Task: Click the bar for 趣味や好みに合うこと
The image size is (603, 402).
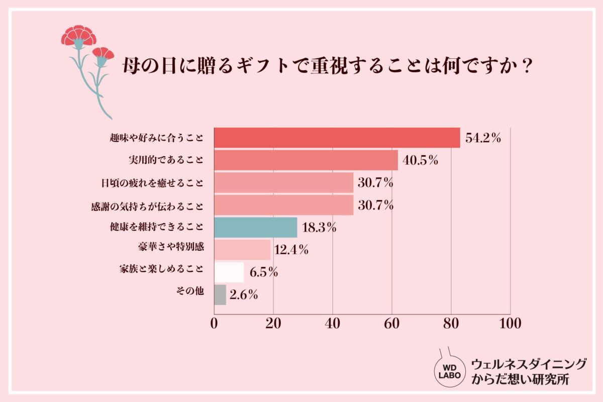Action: pos(337,138)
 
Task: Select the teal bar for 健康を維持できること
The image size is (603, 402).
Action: pos(256,227)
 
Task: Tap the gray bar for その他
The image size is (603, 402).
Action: pos(220,295)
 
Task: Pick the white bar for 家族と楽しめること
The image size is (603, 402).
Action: pos(229,272)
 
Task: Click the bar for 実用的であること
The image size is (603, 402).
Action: pos(306,160)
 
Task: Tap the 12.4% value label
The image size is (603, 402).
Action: pos(291,250)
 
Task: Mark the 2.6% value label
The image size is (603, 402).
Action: pos(244,295)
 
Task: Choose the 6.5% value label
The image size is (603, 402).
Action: pos(264,273)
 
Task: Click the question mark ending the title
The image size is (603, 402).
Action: pos(527,66)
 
